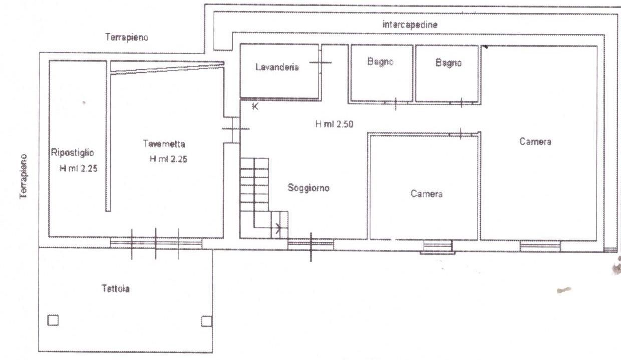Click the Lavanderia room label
click(277, 67)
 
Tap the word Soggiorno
click(308, 188)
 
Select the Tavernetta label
click(164, 144)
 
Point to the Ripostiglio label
click(72, 152)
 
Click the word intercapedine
click(410, 25)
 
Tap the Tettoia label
click(115, 289)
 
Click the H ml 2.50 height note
click(334, 124)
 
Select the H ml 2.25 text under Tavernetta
click(168, 159)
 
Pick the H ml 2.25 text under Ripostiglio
click(79, 168)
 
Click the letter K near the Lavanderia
click(255, 107)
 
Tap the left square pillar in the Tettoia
click(53, 320)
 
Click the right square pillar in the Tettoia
click(206, 321)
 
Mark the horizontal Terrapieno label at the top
click(126, 37)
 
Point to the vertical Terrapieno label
click(24, 177)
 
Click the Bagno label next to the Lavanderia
click(380, 61)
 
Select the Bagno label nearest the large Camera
click(448, 63)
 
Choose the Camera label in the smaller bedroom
click(426, 194)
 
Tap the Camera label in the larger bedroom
click(535, 142)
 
